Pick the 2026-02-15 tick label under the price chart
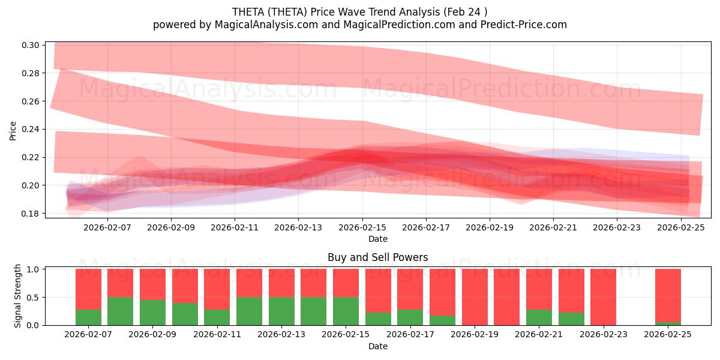tap(362, 227)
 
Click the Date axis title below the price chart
tap(377, 239)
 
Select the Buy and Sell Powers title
tap(377, 257)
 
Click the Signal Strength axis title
tap(18, 296)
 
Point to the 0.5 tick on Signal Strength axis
tap(34, 297)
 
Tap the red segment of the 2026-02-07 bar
tap(88, 289)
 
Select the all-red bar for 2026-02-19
tap(475, 297)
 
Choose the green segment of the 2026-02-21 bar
tap(539, 317)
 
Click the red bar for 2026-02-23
tap(603, 297)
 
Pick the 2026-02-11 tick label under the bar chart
tap(217, 335)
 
